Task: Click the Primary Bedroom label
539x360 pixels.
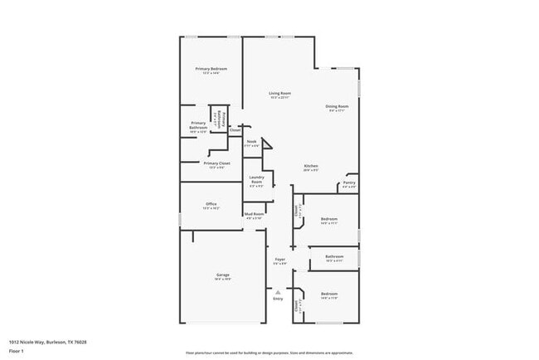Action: tap(211, 69)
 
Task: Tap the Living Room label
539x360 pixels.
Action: tap(279, 94)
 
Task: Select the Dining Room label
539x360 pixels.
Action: tap(337, 106)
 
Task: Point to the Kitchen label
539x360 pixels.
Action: tap(311, 167)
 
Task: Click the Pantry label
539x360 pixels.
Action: tap(349, 183)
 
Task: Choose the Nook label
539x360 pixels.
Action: tap(251, 142)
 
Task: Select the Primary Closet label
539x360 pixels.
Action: tap(216, 164)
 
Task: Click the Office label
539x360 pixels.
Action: tap(211, 205)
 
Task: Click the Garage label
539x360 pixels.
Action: tap(223, 275)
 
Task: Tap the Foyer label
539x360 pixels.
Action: tap(280, 260)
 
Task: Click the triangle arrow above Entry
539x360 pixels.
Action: tap(279, 291)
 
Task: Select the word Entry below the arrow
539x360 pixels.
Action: tap(278, 299)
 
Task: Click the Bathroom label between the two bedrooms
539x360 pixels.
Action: tap(334, 257)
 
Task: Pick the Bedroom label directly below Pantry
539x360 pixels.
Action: tap(329, 219)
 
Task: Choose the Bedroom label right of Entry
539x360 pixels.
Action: tap(329, 294)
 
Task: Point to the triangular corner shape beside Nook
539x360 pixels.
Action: tap(267, 144)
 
